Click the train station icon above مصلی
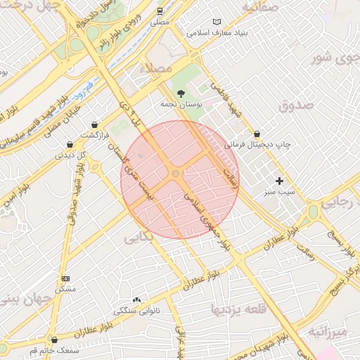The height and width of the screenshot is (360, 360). (x=160, y=11)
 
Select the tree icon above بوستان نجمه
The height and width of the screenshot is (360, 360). (x=181, y=93)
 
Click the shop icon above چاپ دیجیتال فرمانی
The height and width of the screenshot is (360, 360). (x=257, y=134)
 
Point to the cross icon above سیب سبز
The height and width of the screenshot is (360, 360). (x=279, y=181)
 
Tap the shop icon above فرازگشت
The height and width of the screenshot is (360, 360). (x=94, y=124)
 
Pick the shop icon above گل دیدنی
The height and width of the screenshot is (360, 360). (x=70, y=144)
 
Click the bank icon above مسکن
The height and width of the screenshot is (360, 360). (x=65, y=278)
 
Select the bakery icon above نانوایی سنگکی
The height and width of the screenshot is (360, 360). (x=136, y=300)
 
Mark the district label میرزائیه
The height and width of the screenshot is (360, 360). (x=327, y=330)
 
